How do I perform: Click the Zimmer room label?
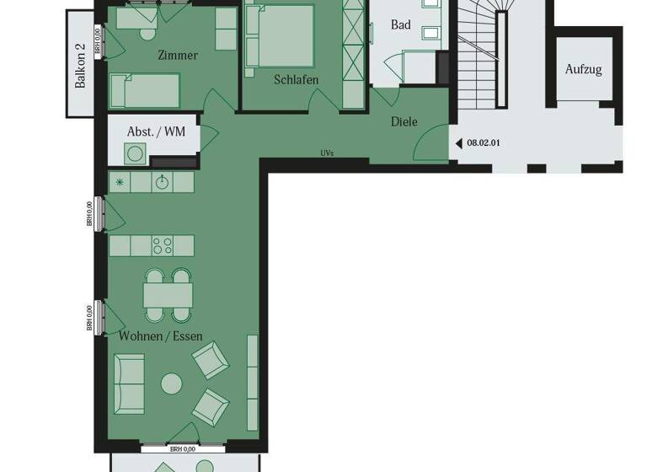178,56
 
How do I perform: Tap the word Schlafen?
296,80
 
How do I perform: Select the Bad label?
401,25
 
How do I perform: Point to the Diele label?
404,121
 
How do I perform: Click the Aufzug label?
583,69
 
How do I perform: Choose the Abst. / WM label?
156,132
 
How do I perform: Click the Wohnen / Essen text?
160,335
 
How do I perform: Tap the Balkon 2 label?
81,65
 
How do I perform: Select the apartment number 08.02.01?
484,143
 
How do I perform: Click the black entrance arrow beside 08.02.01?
459,143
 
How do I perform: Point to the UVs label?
327,153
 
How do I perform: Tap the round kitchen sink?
162,182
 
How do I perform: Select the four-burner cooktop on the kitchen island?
162,245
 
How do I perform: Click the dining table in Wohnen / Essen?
168,295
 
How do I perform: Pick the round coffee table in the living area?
171,384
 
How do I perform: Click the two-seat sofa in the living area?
129,383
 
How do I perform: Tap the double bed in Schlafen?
282,35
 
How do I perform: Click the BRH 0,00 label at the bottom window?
182,449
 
